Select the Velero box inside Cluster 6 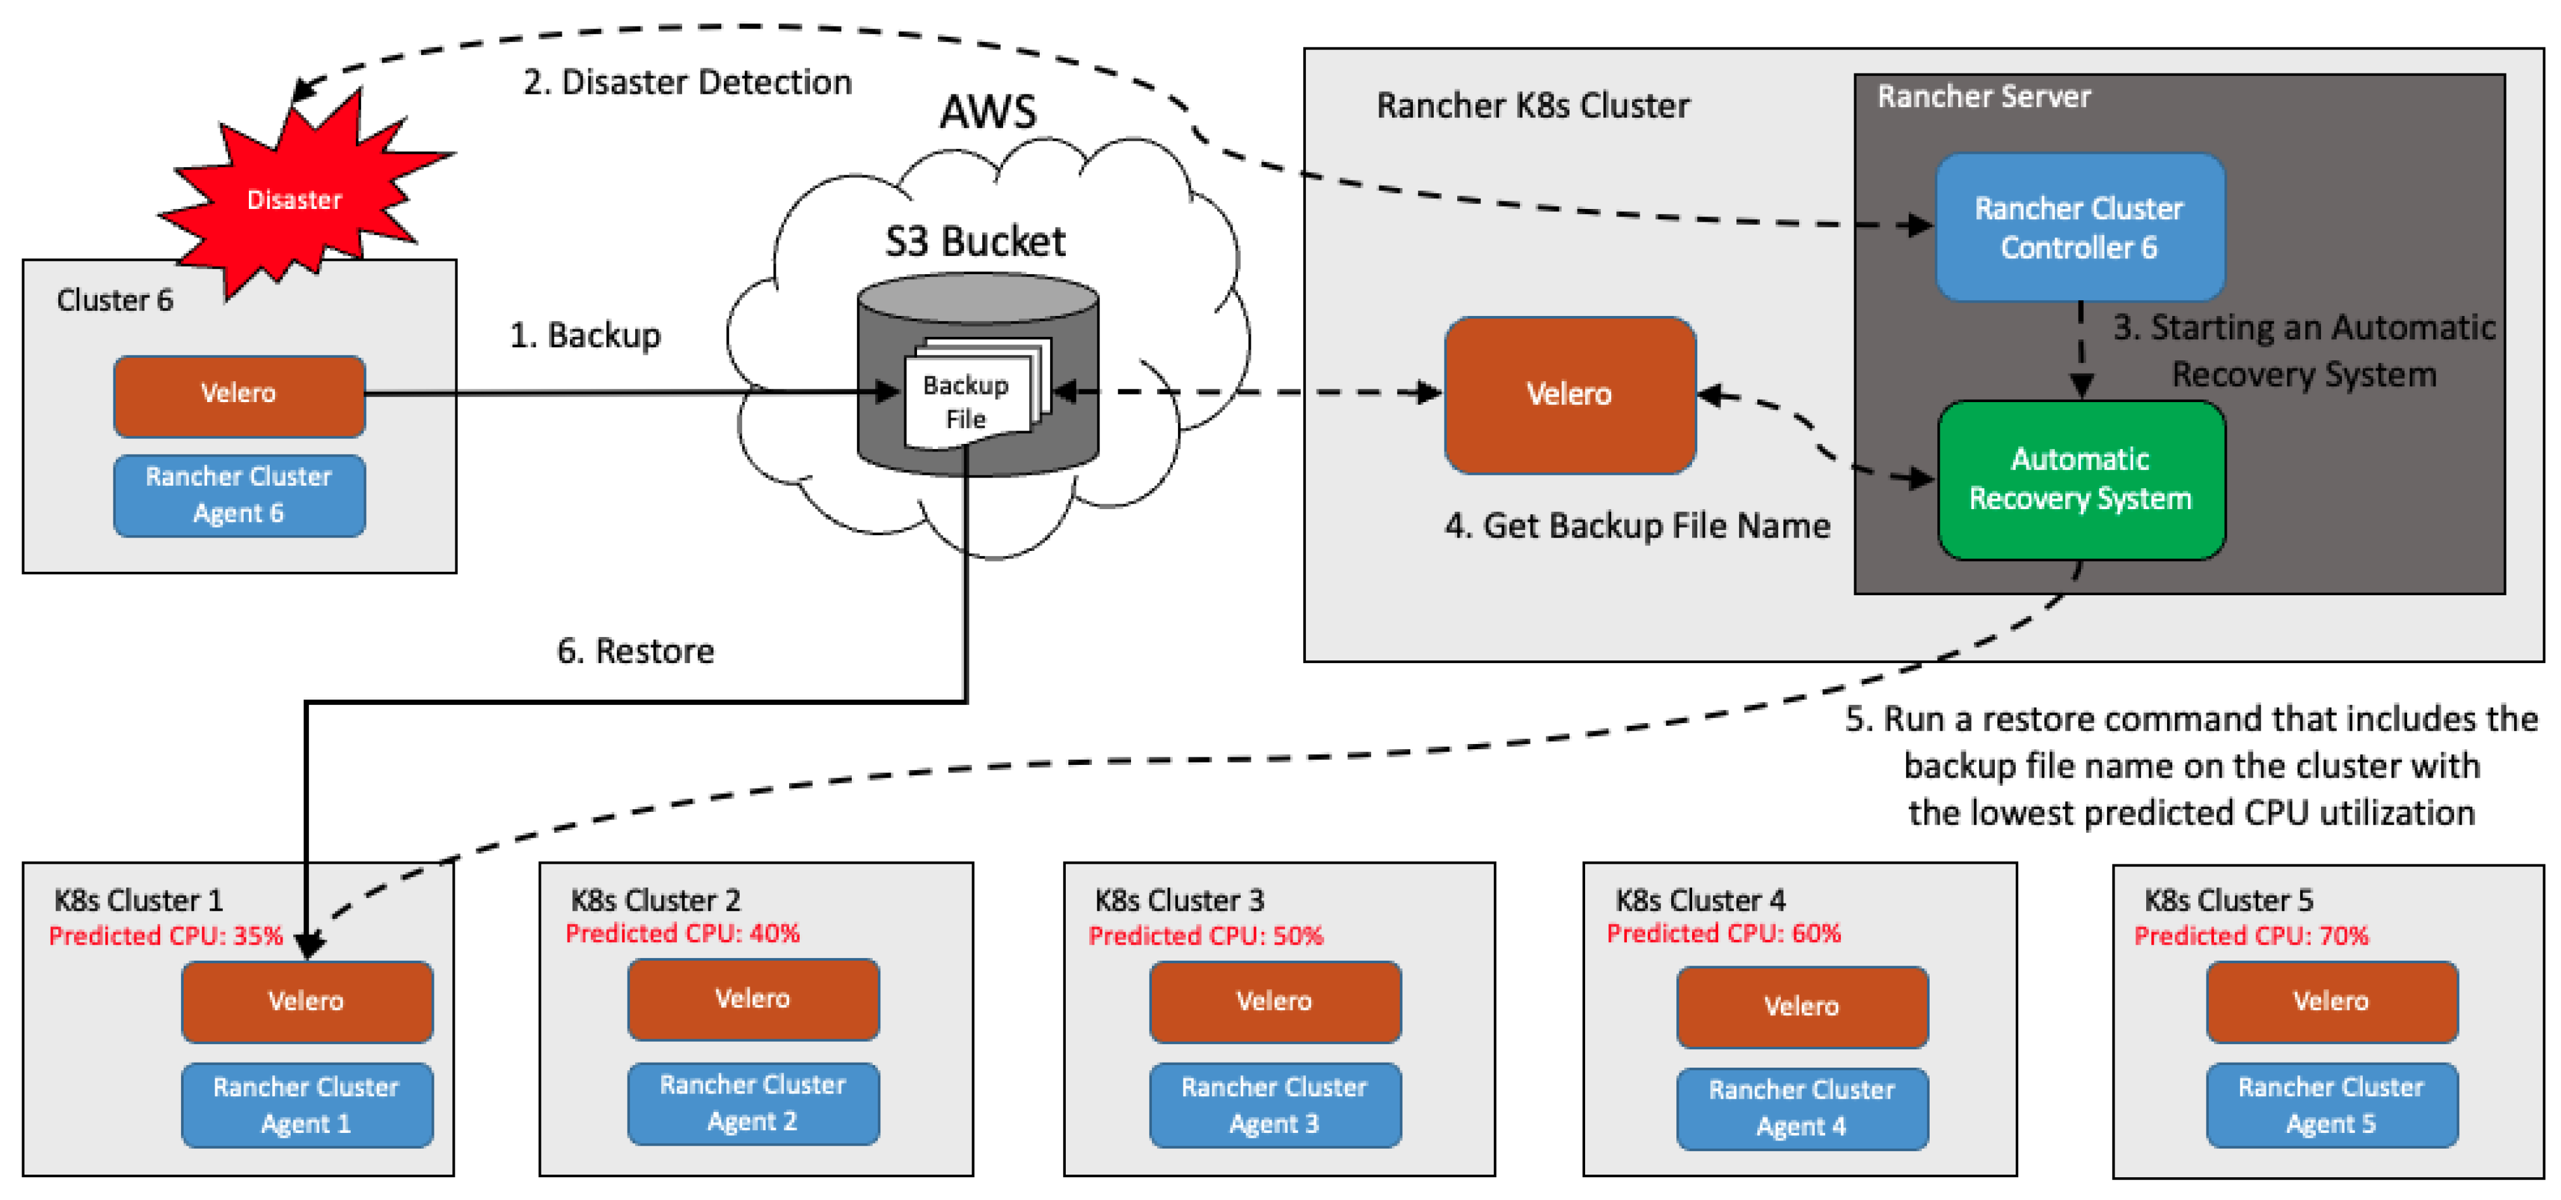[239, 394]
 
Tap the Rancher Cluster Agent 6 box [239, 495]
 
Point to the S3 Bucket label [974, 242]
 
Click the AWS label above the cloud [987, 111]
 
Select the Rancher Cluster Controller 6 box [2079, 228]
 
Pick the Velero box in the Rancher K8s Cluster [1569, 394]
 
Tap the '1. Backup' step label [585, 335]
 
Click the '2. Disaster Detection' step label [687, 82]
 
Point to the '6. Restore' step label [635, 650]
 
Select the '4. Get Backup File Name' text [1636, 525]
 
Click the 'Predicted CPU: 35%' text [166, 935]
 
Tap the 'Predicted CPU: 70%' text [2251, 935]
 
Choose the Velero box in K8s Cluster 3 [1275, 1001]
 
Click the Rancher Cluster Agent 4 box [1802, 1108]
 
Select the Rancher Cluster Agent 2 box [752, 1102]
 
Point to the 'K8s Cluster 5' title [2228, 900]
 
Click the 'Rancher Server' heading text [1983, 96]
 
